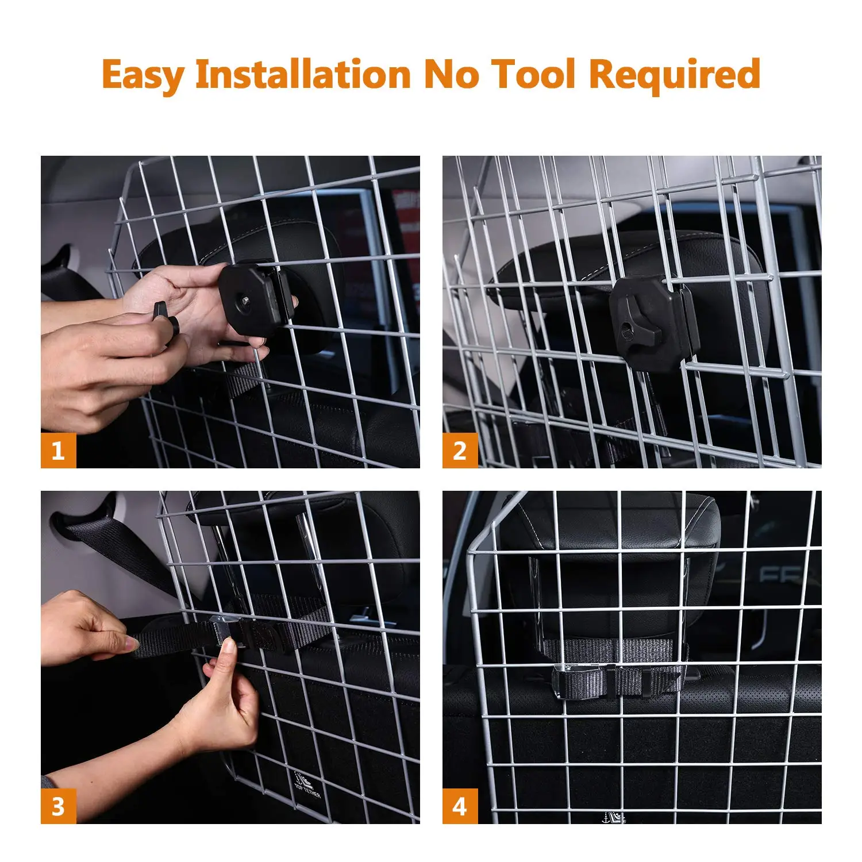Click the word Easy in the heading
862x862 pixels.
click(143, 75)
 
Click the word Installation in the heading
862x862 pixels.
click(303, 74)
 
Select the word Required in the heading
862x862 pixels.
click(675, 75)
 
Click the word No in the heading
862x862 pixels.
click(451, 74)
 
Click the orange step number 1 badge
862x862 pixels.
click(58, 451)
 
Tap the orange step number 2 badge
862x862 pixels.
click(460, 451)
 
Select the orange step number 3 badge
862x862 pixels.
click(58, 806)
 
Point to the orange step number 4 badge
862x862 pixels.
click(460, 806)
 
